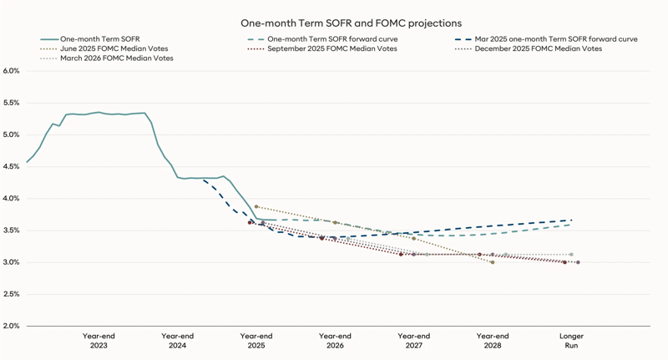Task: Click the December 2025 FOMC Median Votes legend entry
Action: (538, 48)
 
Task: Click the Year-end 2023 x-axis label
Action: (99, 341)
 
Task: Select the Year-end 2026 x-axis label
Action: (335, 341)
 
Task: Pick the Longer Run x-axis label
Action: (571, 341)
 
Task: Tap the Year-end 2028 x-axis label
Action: (493, 341)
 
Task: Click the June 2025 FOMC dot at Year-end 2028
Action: (493, 262)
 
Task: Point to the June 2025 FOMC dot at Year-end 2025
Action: (256, 206)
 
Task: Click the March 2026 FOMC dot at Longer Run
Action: (571, 255)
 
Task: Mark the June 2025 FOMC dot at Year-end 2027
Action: (414, 239)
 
